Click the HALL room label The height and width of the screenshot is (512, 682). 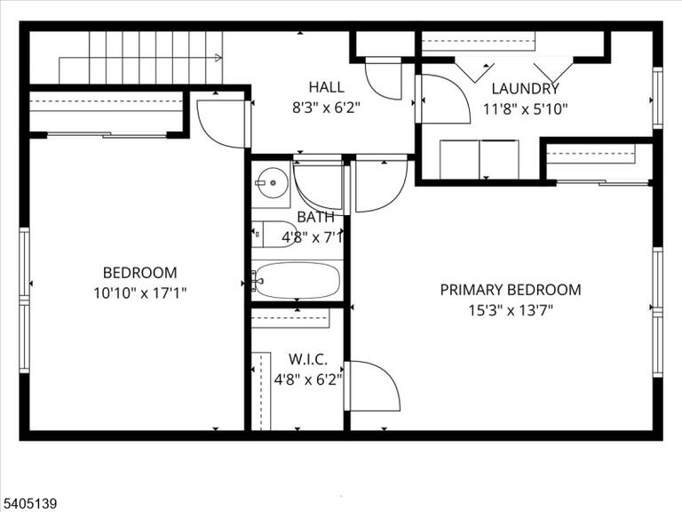click(326, 87)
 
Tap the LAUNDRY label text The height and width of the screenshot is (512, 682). click(525, 88)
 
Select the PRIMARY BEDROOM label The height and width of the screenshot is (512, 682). click(511, 290)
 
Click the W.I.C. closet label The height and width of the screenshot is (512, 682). click(308, 360)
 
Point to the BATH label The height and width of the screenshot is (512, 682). click(316, 217)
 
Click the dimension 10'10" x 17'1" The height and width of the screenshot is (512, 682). click(140, 293)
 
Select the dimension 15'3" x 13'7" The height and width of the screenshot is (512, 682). click(511, 310)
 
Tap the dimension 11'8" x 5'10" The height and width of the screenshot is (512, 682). click(526, 108)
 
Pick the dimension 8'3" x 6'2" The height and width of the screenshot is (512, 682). click(326, 108)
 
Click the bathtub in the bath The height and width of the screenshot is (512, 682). click(297, 280)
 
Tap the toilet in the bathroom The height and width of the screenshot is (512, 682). click(274, 235)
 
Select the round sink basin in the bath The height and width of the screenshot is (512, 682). click(272, 183)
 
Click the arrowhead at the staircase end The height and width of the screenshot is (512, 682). click(218, 58)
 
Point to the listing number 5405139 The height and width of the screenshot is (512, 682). click(28, 504)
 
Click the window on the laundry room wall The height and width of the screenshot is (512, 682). click(658, 99)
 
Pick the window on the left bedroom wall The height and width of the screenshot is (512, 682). click(24, 300)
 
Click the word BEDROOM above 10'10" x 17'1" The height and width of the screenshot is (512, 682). click(140, 273)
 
